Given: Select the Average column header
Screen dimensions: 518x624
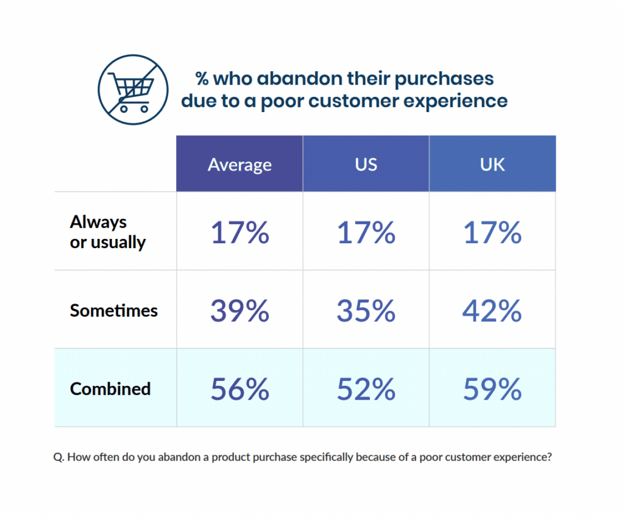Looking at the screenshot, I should point(239,165).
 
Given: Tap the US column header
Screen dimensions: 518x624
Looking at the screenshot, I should point(366,165).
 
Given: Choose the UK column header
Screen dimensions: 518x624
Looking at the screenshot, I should point(492,165).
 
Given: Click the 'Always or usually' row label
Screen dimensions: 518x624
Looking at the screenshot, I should point(108,232).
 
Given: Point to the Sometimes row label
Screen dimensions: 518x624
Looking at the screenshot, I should point(113,310).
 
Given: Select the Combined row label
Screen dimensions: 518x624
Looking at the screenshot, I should point(110,388).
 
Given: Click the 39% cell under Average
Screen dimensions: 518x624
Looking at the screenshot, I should point(239,311).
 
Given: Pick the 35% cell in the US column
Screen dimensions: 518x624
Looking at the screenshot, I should point(366,311).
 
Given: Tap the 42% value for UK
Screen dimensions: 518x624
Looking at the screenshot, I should point(492,311).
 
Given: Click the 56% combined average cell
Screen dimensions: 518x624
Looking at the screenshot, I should point(239,389).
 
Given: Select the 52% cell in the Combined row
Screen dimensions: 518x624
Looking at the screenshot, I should point(366,389).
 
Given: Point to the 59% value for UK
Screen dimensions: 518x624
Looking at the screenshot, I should point(492,389).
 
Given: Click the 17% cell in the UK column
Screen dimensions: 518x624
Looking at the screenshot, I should point(492,233).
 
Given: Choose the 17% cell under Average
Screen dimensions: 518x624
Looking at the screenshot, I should point(239,233).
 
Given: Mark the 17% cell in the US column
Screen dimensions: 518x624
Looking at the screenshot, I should point(366,233).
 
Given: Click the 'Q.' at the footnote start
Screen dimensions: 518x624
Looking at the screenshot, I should point(59,457).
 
